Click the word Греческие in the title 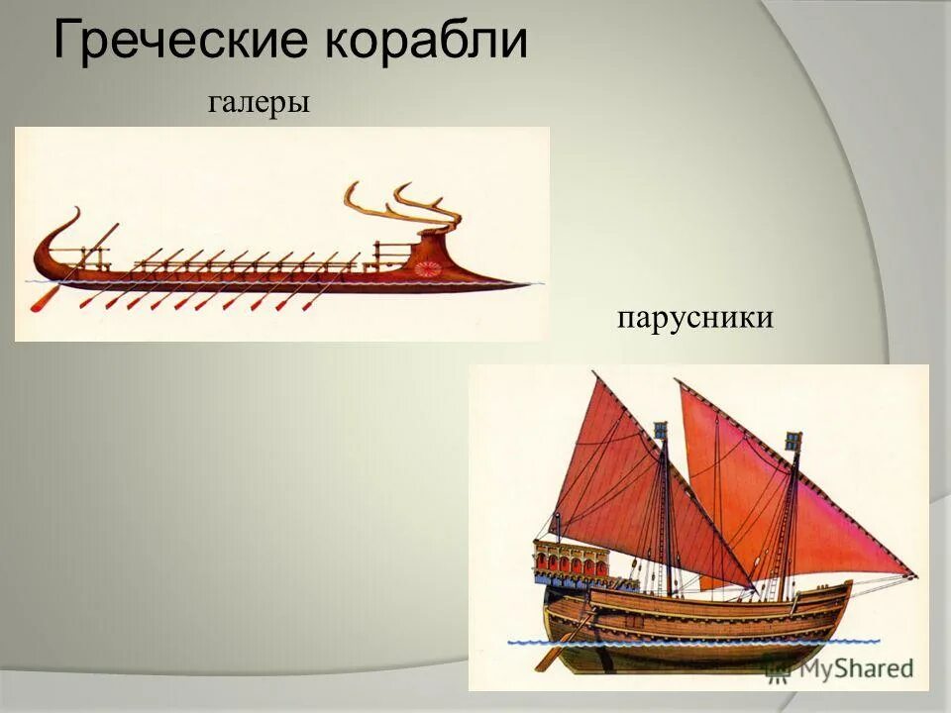pyautogui.click(x=184, y=42)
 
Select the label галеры pyautogui.click(x=260, y=102)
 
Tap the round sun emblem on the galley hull pyautogui.click(x=429, y=267)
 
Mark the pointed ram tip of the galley pyautogui.click(x=535, y=284)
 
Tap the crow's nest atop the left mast pyautogui.click(x=662, y=433)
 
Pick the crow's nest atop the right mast pyautogui.click(x=792, y=442)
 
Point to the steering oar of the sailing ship pyautogui.click(x=560, y=649)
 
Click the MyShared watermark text pyautogui.click(x=854, y=669)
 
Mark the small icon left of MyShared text pyautogui.click(x=779, y=669)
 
